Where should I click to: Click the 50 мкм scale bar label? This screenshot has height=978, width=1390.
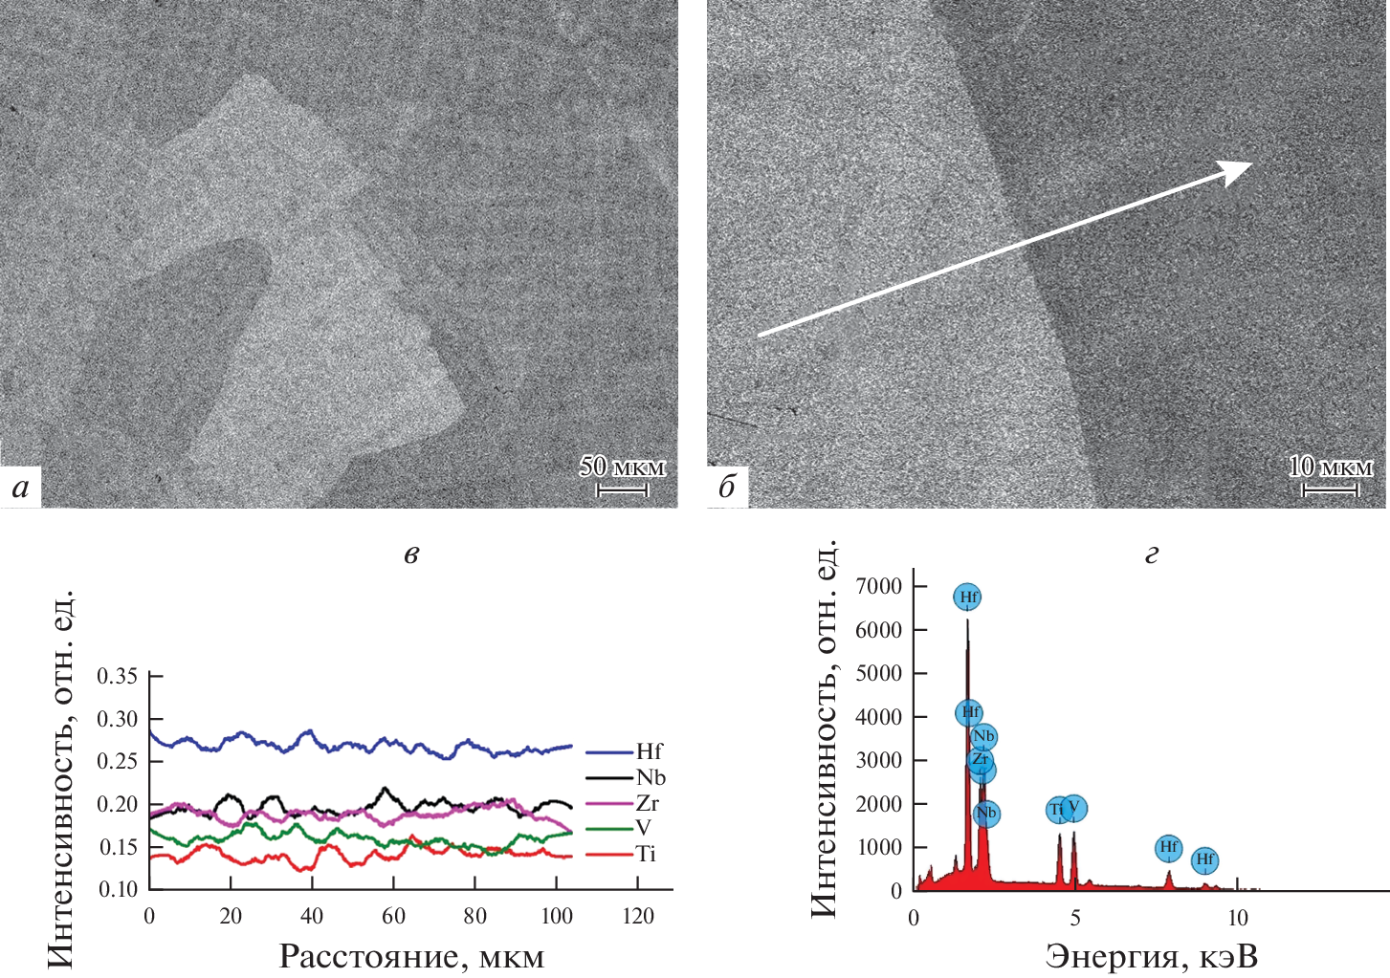tap(622, 467)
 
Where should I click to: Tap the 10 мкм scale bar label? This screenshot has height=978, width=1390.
tap(1330, 467)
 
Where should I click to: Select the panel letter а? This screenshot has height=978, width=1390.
tap(20, 489)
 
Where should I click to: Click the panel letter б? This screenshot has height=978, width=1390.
tap(727, 489)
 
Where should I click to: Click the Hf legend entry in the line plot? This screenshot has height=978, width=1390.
tap(648, 751)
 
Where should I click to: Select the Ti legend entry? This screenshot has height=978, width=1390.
tap(646, 855)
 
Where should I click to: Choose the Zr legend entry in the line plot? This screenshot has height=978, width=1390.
tap(647, 803)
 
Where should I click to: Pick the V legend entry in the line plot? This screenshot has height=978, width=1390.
tap(643, 829)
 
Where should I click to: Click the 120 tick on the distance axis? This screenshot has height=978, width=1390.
tap(638, 917)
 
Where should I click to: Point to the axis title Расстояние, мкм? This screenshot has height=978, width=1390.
tap(411, 956)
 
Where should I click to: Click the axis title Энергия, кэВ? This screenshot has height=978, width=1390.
tap(1151, 956)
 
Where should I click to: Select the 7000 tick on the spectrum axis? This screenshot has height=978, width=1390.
tap(879, 586)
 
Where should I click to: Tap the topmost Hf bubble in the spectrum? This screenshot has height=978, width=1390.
tap(968, 598)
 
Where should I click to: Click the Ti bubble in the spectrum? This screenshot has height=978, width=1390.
tap(1057, 810)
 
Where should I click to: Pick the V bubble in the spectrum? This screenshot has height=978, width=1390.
tap(1074, 808)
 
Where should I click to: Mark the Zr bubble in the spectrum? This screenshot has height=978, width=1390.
tap(980, 760)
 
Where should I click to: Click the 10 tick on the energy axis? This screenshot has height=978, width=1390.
tap(1238, 919)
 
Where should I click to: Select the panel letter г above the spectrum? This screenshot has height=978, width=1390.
tap(1152, 554)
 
